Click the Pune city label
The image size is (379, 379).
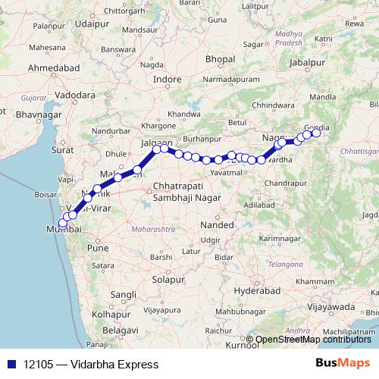98,247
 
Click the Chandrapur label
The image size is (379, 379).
285,183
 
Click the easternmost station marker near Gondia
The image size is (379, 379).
316,133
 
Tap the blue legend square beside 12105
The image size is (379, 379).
9,365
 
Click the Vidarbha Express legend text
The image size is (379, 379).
92,365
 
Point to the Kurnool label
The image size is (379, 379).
241,345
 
